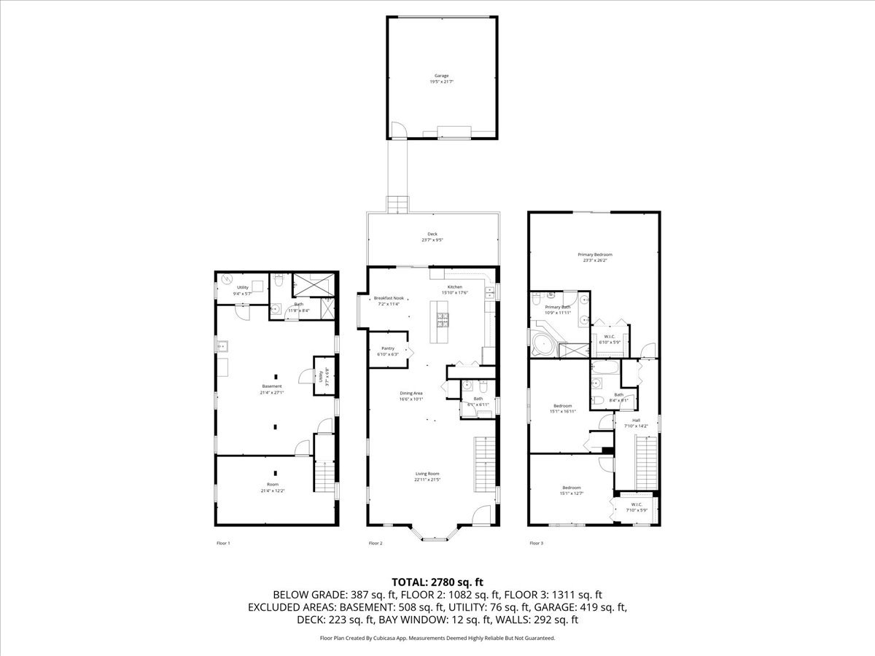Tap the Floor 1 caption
223,543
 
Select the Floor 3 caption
536,543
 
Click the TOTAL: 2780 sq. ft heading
437,582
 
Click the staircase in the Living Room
485,464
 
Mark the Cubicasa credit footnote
437,638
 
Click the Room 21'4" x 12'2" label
272,487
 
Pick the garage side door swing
397,130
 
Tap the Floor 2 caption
376,543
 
